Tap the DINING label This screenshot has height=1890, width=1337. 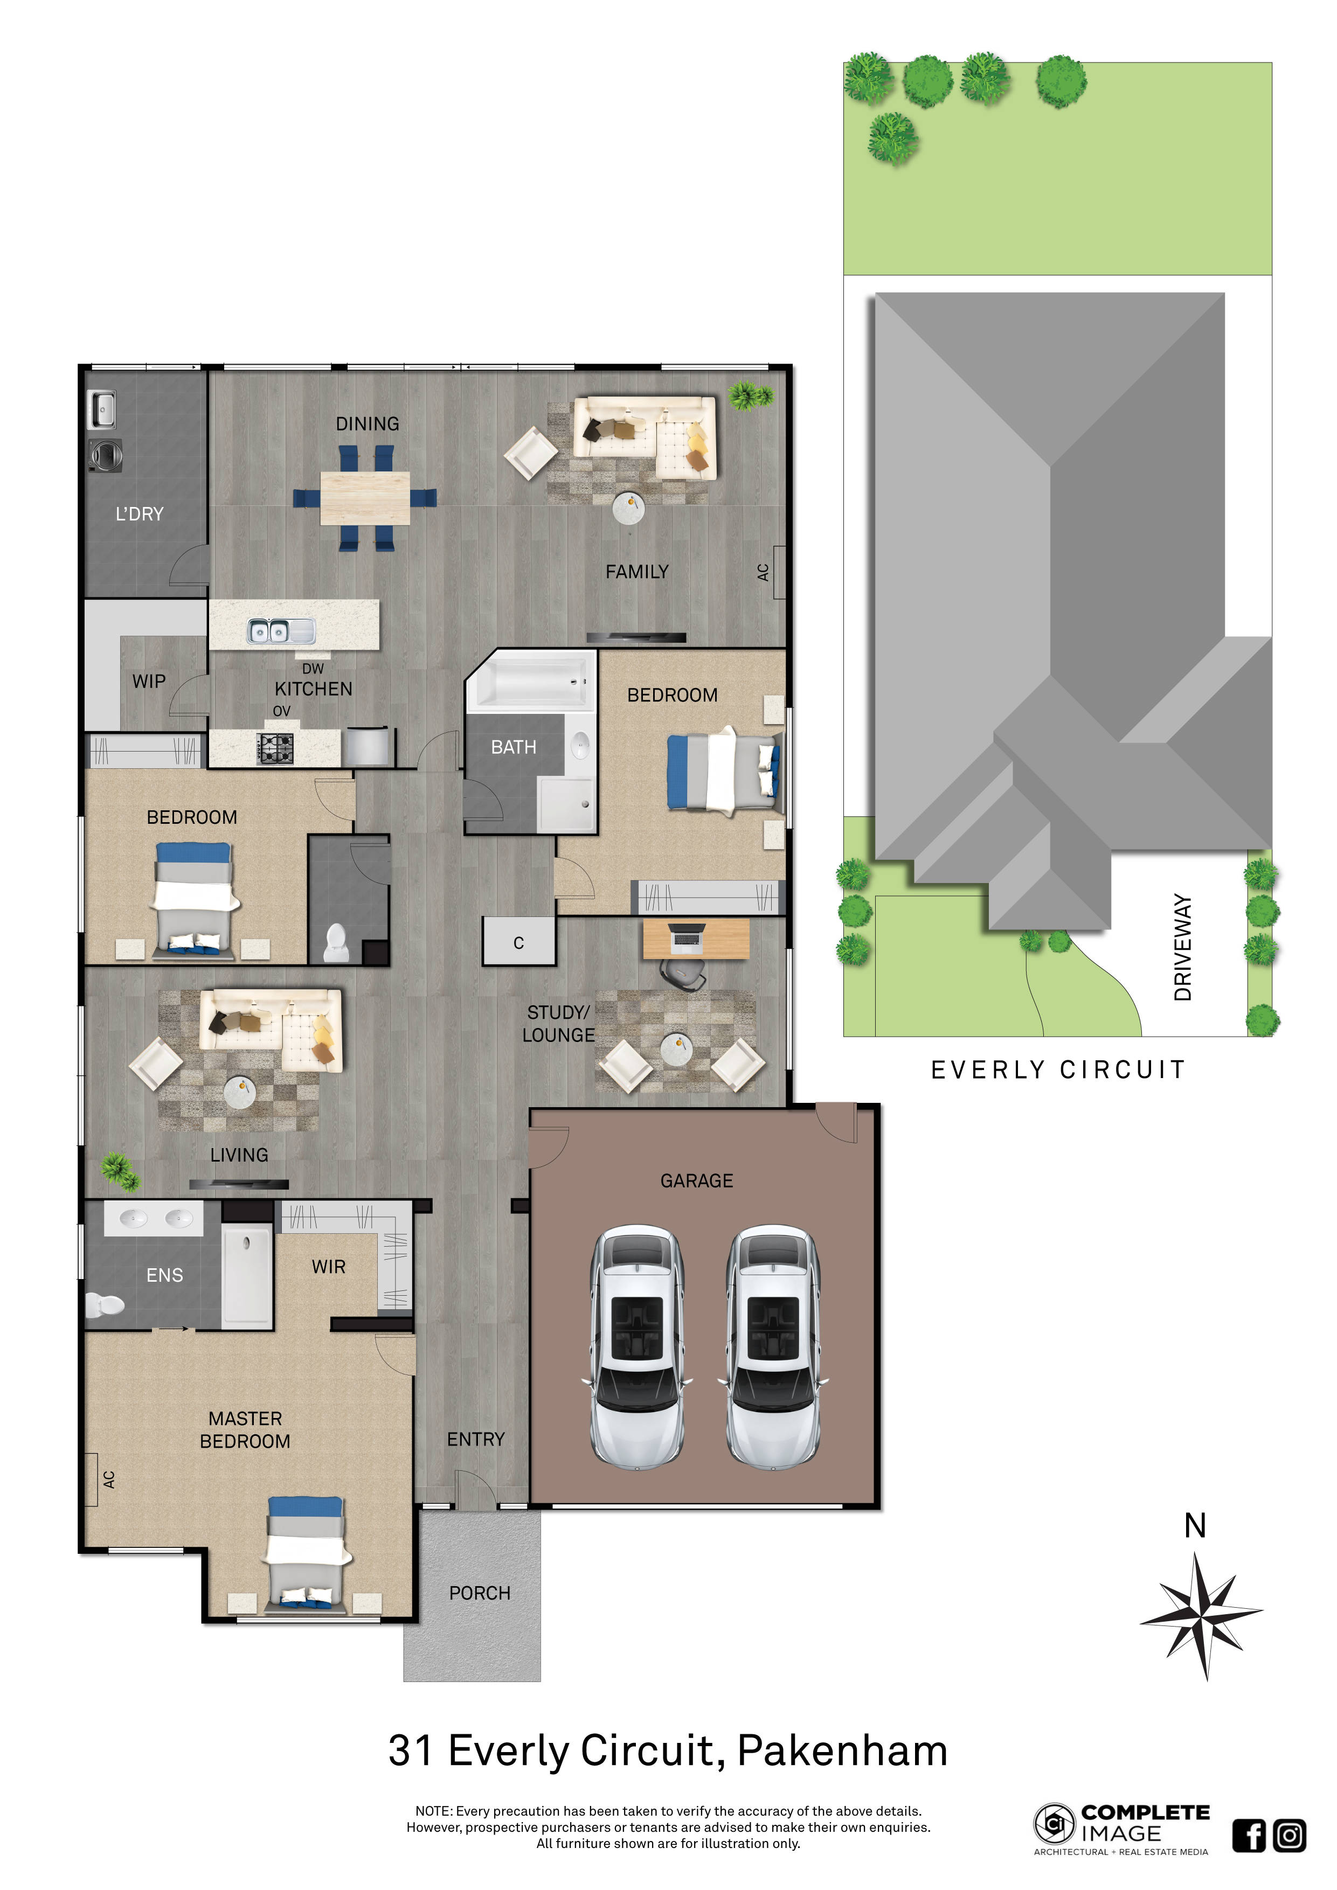pyautogui.click(x=367, y=424)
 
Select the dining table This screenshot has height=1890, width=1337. pyautogui.click(x=365, y=498)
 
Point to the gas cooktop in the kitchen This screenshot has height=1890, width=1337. pyautogui.click(x=275, y=748)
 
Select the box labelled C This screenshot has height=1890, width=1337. pyautogui.click(x=518, y=942)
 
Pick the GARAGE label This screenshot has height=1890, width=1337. pyautogui.click(x=696, y=1181)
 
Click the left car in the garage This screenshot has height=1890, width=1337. pyautogui.click(x=637, y=1347)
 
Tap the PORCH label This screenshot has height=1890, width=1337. pyautogui.click(x=480, y=1594)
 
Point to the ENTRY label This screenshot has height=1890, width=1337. pyautogui.click(x=476, y=1439)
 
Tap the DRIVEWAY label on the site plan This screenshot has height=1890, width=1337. pyautogui.click(x=1183, y=947)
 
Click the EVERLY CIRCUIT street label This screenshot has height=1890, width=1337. pyautogui.click(x=1058, y=1069)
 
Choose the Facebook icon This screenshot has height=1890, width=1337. pyautogui.click(x=1249, y=1836)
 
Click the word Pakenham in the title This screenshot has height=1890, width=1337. pyautogui.click(x=842, y=1751)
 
